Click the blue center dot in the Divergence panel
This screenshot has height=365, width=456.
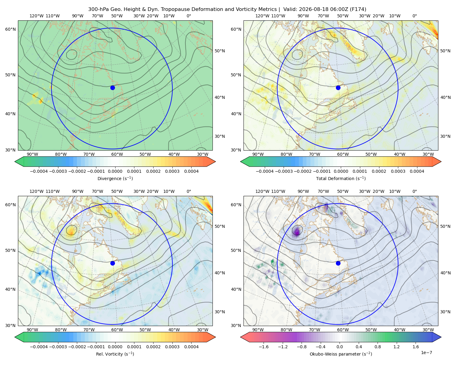(x=112, y=88)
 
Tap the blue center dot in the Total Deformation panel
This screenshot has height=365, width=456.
(x=338, y=88)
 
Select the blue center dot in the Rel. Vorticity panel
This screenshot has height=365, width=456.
(x=112, y=263)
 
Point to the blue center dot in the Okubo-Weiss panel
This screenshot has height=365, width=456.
(x=338, y=263)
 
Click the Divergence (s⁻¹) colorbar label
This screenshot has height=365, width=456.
(x=115, y=178)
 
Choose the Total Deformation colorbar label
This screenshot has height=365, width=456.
(x=341, y=178)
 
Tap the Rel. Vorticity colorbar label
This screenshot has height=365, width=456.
(x=115, y=354)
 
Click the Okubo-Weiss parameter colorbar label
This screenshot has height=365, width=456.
(x=341, y=354)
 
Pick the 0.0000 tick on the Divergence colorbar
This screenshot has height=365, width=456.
(x=115, y=171)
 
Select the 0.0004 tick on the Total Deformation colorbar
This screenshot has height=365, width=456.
(x=417, y=171)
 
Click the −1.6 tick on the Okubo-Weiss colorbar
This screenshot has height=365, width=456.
(x=264, y=347)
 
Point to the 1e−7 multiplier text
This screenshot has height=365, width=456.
(x=426, y=353)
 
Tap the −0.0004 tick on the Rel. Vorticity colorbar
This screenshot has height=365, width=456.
(x=39, y=347)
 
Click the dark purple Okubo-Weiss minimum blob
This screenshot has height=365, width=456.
(x=297, y=231)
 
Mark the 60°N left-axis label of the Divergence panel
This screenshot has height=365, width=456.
(x=11, y=29)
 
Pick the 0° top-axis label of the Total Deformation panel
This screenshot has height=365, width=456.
(x=414, y=16)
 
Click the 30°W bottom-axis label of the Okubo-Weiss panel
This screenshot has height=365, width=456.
(x=428, y=330)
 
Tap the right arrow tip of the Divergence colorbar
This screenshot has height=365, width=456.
(x=216, y=162)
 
